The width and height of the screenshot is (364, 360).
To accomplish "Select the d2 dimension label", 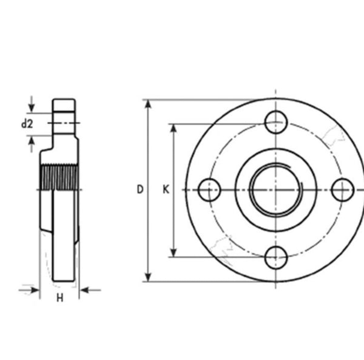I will (x=27, y=124).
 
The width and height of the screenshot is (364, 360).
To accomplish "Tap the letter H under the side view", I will (x=59, y=297).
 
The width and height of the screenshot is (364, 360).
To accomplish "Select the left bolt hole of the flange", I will (x=209, y=190).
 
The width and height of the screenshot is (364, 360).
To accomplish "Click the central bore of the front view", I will (x=277, y=190).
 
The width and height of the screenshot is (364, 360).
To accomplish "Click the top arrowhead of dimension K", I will (x=175, y=129).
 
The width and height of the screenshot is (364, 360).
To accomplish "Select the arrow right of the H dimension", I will (x=87, y=290).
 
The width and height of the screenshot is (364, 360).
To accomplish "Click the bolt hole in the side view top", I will (x=64, y=123).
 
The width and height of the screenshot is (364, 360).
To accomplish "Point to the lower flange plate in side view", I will (x=64, y=237).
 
